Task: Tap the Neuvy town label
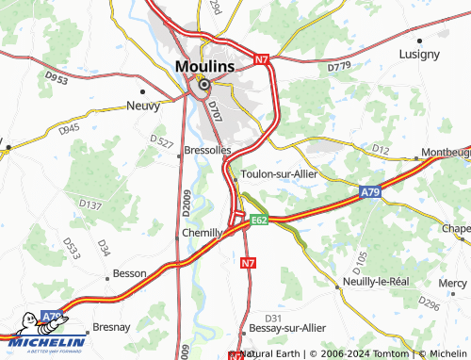coord(142,107)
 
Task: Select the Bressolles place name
coord(206,150)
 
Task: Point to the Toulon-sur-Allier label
coord(280,174)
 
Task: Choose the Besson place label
coord(130,273)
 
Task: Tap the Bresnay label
coord(110,327)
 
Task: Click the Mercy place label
coord(452,282)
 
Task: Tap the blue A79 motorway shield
coord(371,192)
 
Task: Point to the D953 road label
coord(57,81)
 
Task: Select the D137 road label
coord(90,204)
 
